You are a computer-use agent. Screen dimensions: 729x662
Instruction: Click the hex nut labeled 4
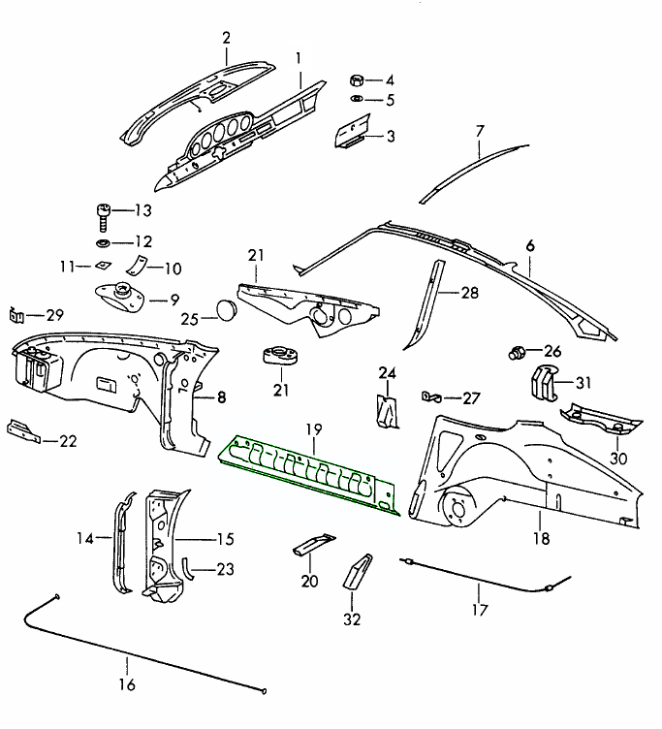click(357, 79)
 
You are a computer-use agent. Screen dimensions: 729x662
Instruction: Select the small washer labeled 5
click(357, 100)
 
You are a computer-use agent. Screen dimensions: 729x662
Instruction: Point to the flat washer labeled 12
click(102, 240)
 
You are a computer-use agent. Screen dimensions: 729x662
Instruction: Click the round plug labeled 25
click(226, 310)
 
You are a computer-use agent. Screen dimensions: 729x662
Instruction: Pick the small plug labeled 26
click(519, 351)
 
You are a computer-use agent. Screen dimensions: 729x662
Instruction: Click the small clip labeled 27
click(432, 396)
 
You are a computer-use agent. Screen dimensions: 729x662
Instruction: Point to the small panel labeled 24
click(388, 409)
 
